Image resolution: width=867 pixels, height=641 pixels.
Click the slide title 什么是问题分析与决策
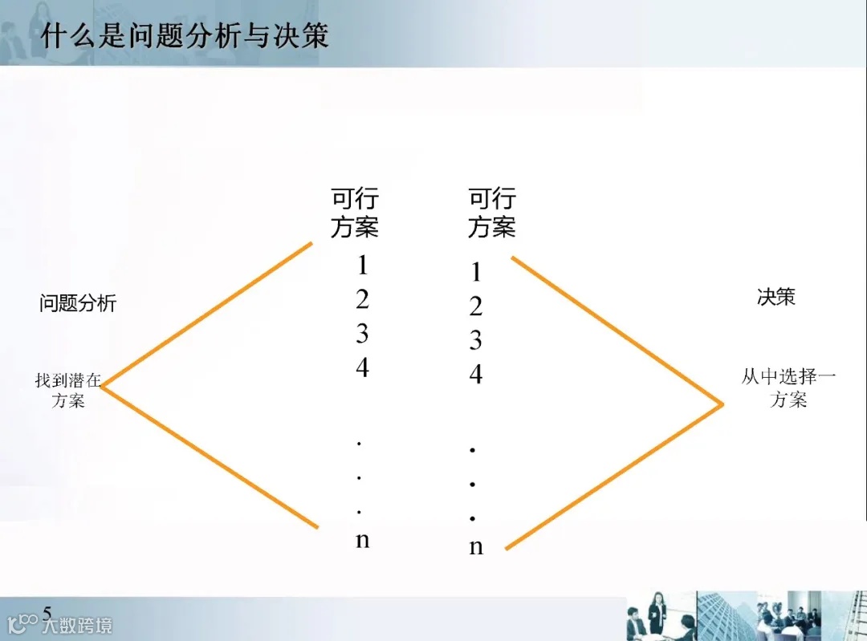point(185,36)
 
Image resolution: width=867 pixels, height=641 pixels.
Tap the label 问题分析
point(78,303)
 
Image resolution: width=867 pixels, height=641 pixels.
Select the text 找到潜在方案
point(68,389)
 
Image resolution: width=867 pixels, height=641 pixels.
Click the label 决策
point(775,296)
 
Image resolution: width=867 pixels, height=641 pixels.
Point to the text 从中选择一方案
point(788,387)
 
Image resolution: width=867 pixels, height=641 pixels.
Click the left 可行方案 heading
point(354,213)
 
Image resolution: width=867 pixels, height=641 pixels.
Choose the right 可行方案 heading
point(491,213)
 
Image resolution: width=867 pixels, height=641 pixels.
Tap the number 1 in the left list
point(362,265)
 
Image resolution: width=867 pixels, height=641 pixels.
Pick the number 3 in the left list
point(362,333)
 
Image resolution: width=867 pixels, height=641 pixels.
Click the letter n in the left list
point(362,540)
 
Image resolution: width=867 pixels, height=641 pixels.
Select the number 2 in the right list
point(476,306)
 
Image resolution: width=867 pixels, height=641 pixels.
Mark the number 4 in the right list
point(476,374)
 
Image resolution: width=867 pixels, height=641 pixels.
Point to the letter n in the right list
point(476,548)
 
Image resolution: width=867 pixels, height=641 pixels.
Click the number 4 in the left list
point(362,367)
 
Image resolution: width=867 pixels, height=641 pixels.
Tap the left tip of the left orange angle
point(102,386)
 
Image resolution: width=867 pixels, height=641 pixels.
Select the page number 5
point(47,614)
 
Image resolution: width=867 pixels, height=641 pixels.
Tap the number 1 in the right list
point(476,273)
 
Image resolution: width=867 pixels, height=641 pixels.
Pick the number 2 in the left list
point(362,299)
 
